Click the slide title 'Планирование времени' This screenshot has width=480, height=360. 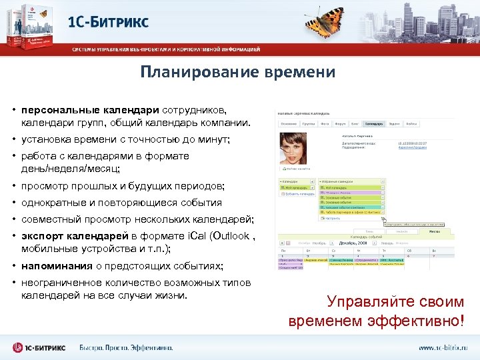point(237,72)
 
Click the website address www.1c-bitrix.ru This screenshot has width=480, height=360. point(443,347)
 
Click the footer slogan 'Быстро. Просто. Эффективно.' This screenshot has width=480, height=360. point(126,347)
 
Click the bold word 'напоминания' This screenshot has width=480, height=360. point(56,266)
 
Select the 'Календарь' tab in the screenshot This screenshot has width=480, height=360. point(374,123)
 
